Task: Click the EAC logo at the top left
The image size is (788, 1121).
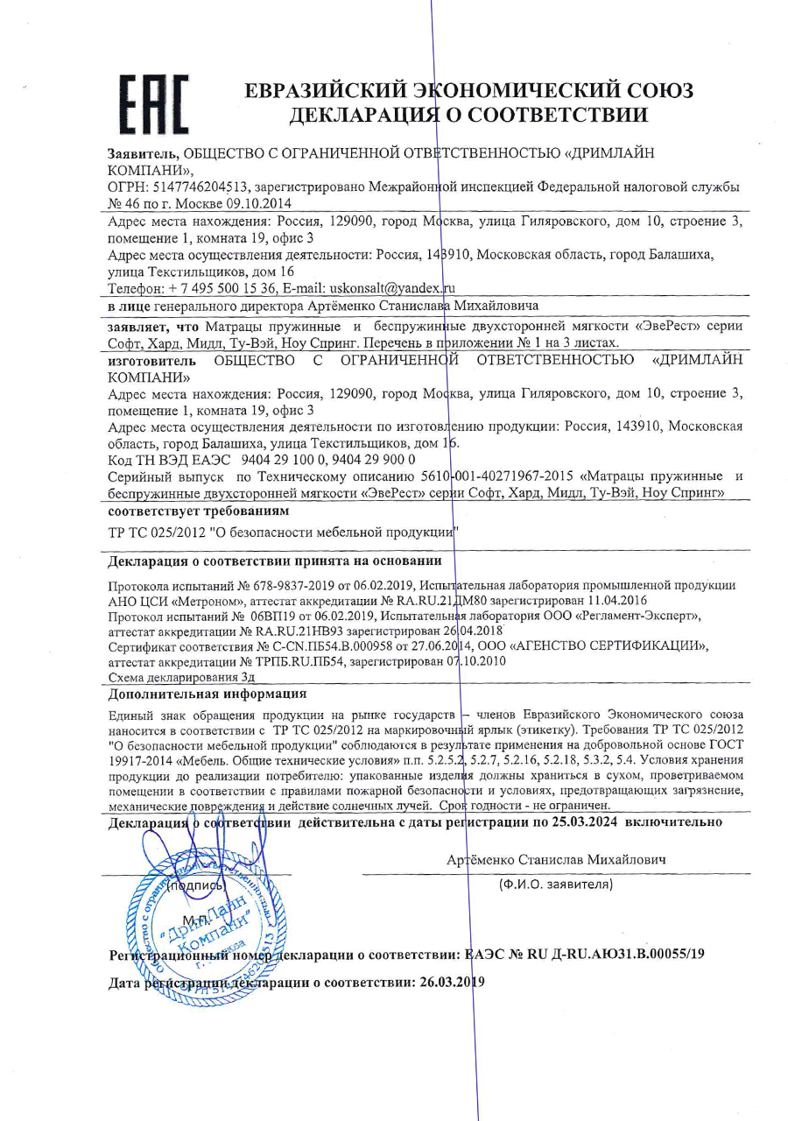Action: [154, 102]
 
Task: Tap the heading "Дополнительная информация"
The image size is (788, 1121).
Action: [207, 694]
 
